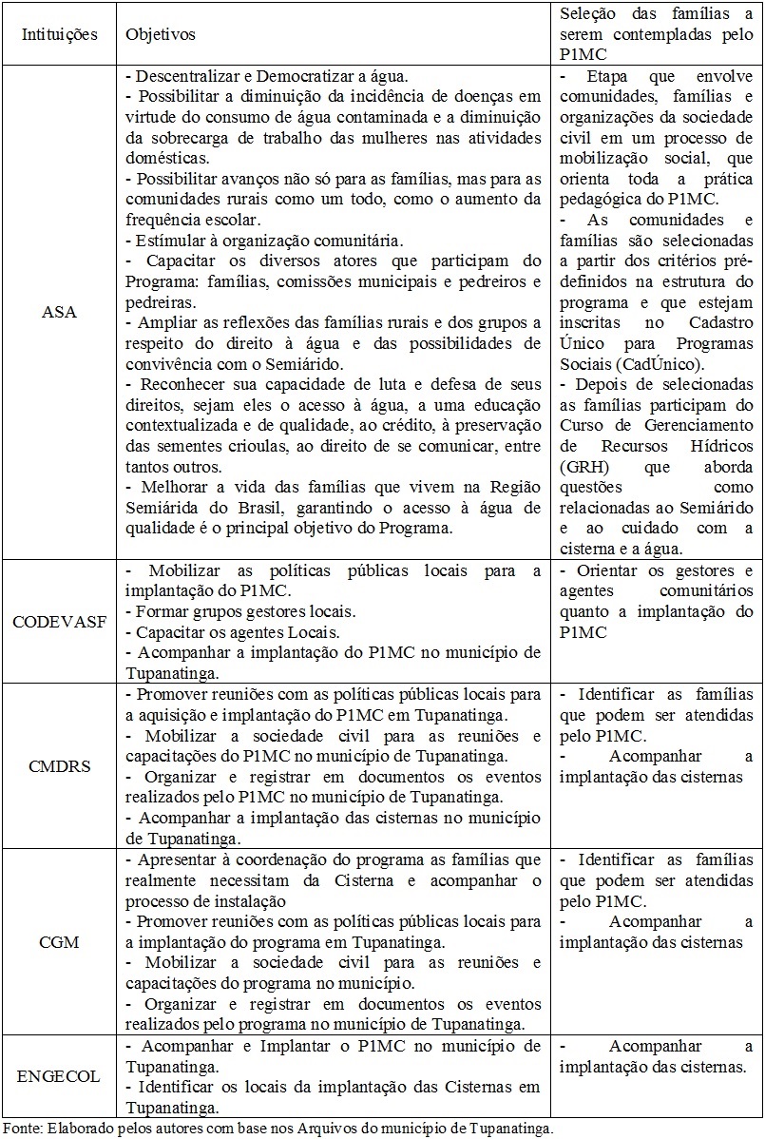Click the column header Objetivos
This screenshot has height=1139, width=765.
click(161, 34)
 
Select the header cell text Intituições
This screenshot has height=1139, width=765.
click(61, 34)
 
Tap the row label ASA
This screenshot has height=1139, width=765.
click(61, 313)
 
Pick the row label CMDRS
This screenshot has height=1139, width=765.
click(61, 765)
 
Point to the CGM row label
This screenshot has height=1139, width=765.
click(61, 942)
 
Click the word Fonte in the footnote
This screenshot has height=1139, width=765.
click(21, 1129)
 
